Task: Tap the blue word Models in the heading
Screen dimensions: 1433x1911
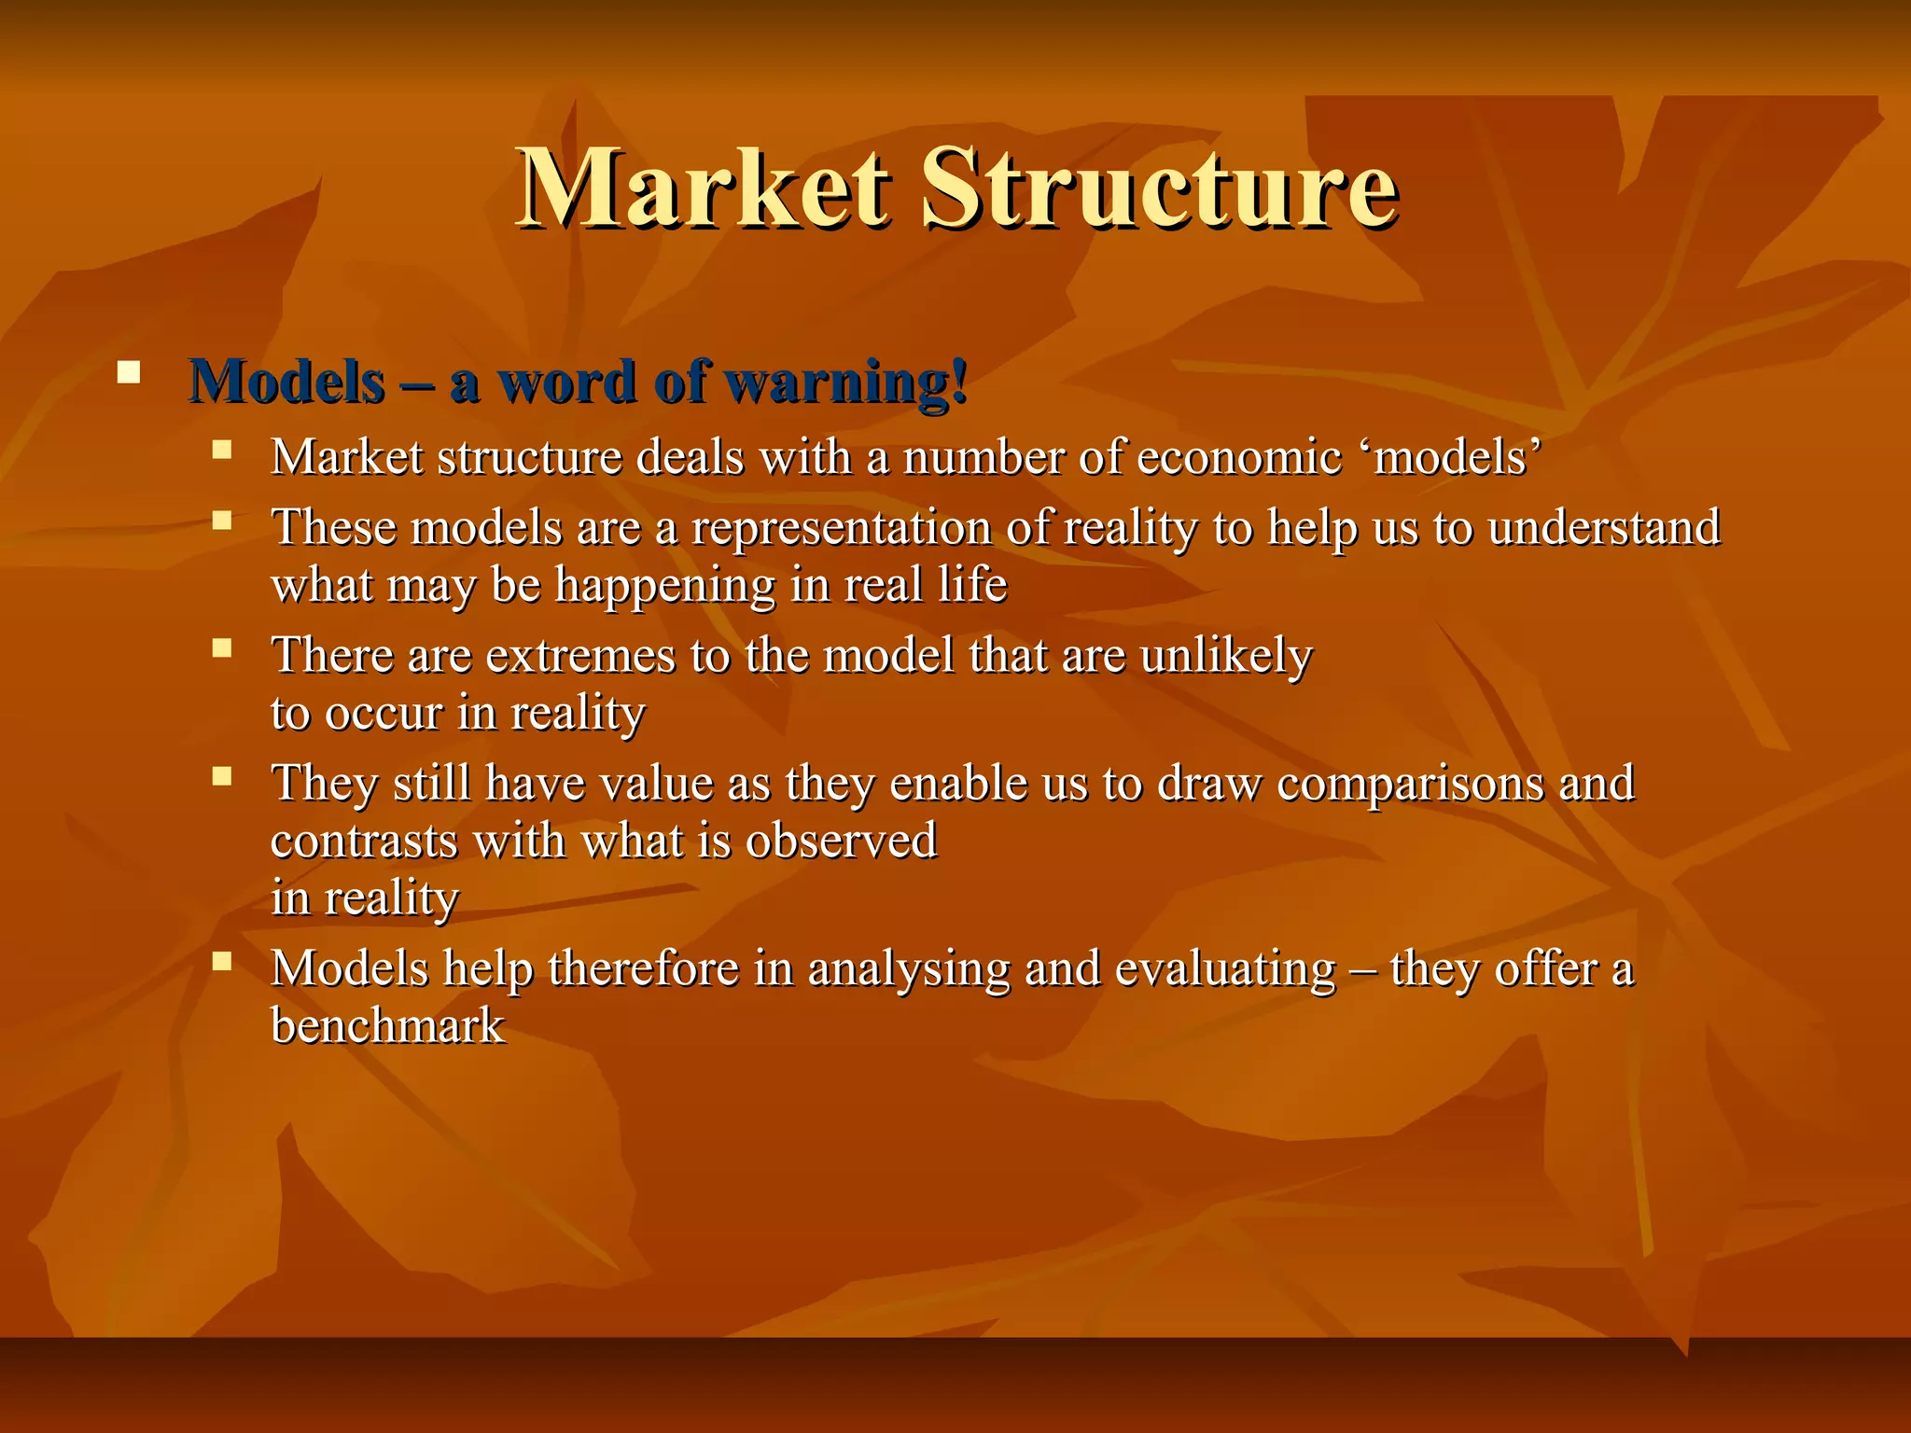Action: point(286,383)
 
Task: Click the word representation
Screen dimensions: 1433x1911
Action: point(841,528)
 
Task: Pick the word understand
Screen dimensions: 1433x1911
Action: point(1604,527)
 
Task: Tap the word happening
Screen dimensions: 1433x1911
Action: point(665,586)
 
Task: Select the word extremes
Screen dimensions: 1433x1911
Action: point(580,655)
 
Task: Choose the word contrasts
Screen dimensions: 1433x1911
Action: point(364,841)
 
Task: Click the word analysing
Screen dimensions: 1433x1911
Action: point(908,969)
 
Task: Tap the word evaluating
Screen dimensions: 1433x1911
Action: point(1225,968)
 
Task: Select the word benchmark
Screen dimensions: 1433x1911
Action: point(387,1026)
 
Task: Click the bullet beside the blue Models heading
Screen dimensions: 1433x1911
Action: point(129,375)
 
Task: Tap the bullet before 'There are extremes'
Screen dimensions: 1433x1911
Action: point(221,647)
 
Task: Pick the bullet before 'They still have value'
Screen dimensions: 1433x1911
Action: point(221,775)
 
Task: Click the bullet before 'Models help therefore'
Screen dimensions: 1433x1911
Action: point(221,961)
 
